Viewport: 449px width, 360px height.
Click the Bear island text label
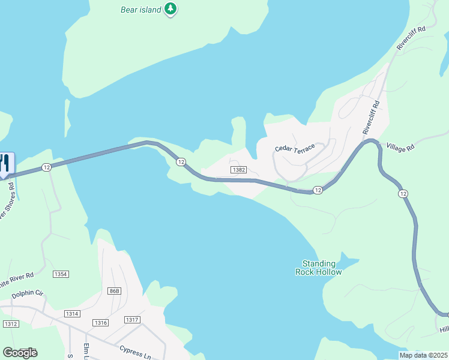tap(142, 9)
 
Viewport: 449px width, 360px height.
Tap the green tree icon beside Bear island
tap(172, 9)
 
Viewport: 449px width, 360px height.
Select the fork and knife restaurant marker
tap(5, 164)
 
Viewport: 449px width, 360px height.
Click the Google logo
tap(20, 353)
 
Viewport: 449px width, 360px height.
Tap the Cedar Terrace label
tap(295, 148)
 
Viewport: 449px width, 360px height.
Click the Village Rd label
tap(400, 146)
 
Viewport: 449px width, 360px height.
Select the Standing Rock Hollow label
tap(319, 268)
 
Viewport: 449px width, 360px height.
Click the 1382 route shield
tap(238, 170)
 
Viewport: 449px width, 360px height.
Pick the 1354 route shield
tap(61, 274)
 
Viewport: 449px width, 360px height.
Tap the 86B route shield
tap(114, 291)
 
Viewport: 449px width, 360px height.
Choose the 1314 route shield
tap(72, 314)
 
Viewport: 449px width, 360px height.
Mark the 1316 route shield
tap(100, 323)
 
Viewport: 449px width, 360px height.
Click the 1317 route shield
tap(132, 320)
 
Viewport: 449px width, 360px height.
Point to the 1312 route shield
tap(10, 324)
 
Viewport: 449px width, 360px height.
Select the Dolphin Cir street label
tap(28, 294)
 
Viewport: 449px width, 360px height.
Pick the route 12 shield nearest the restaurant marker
tap(46, 167)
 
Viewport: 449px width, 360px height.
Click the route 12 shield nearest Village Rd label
tap(403, 194)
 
